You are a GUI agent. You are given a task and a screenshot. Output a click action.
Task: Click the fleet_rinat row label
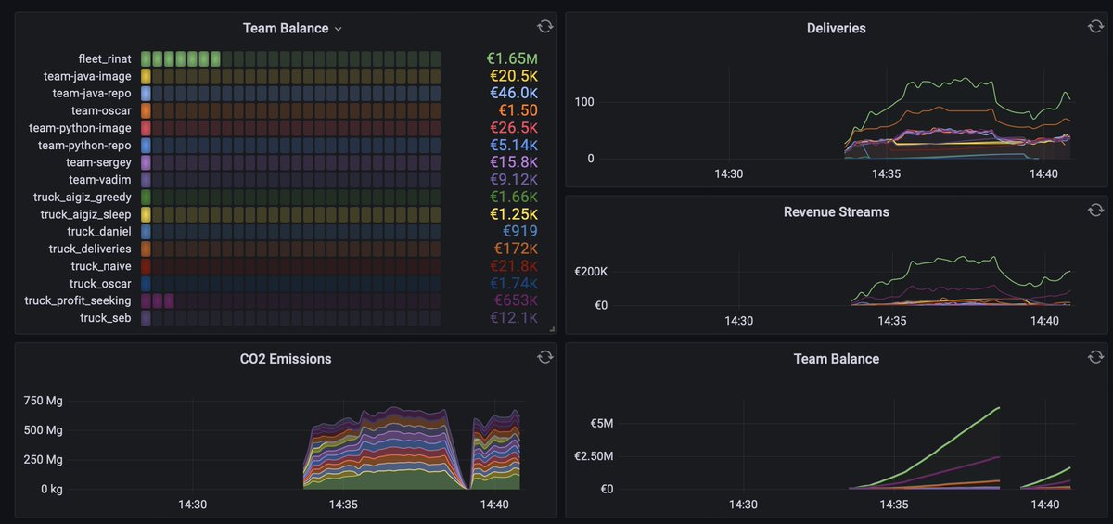tap(105, 59)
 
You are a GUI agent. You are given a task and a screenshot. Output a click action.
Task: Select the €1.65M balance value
tap(511, 59)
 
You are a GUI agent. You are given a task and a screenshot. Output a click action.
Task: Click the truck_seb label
tap(105, 318)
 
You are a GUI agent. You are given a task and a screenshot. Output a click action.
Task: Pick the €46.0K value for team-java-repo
tap(513, 94)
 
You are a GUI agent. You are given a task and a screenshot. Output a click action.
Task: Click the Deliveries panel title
tap(836, 28)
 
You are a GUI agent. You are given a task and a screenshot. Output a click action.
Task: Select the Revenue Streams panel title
tap(836, 211)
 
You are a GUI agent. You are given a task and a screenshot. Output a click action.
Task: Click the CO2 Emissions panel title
tap(285, 358)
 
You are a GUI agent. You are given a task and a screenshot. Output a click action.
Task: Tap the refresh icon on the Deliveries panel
tap(1095, 26)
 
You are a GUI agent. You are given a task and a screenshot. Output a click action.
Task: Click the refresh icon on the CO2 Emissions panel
tap(544, 357)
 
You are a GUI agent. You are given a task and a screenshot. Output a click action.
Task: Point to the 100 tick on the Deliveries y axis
tap(583, 101)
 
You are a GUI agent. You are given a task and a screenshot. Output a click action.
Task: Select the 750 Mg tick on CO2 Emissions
tap(43, 401)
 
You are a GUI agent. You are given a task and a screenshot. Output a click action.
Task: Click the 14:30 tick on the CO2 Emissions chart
tap(192, 505)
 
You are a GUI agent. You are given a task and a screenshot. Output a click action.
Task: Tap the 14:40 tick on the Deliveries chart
tap(1044, 173)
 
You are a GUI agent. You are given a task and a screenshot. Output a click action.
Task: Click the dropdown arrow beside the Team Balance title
tap(339, 29)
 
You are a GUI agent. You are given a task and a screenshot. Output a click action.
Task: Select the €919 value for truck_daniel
tap(519, 232)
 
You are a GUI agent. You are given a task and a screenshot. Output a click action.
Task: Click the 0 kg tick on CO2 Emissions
tap(45, 489)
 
